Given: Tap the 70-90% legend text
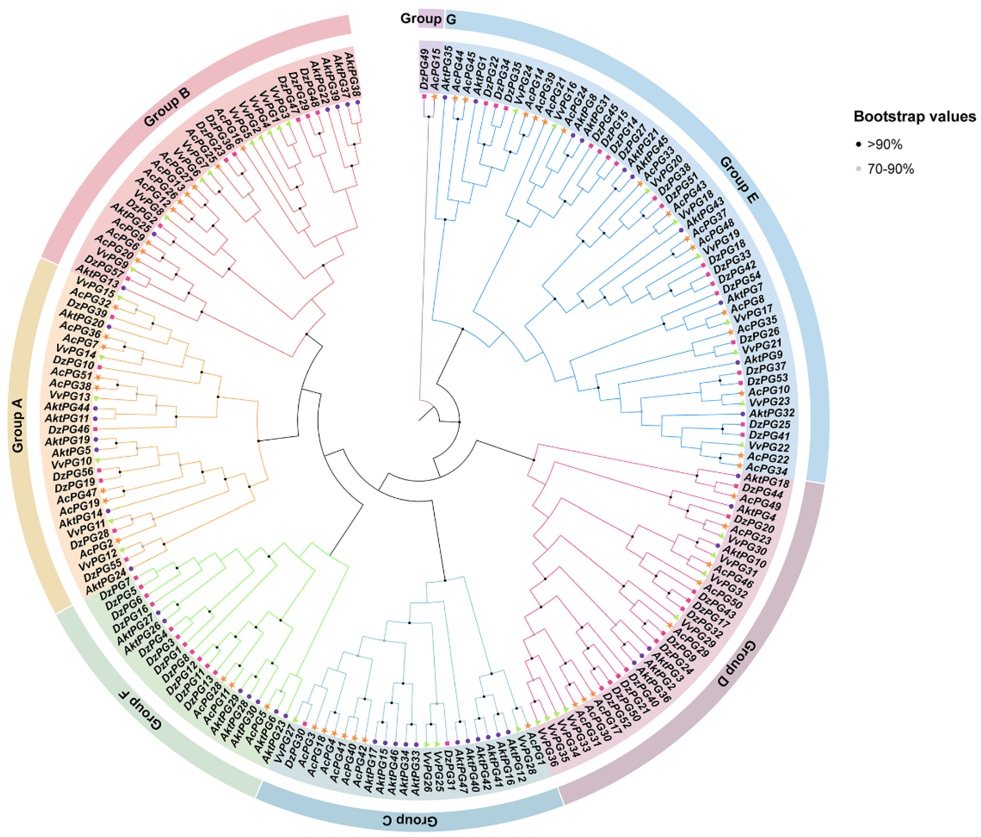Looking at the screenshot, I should coord(890,169).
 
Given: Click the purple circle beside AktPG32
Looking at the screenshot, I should coord(743,414).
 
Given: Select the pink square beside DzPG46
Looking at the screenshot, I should coord(95,429).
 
